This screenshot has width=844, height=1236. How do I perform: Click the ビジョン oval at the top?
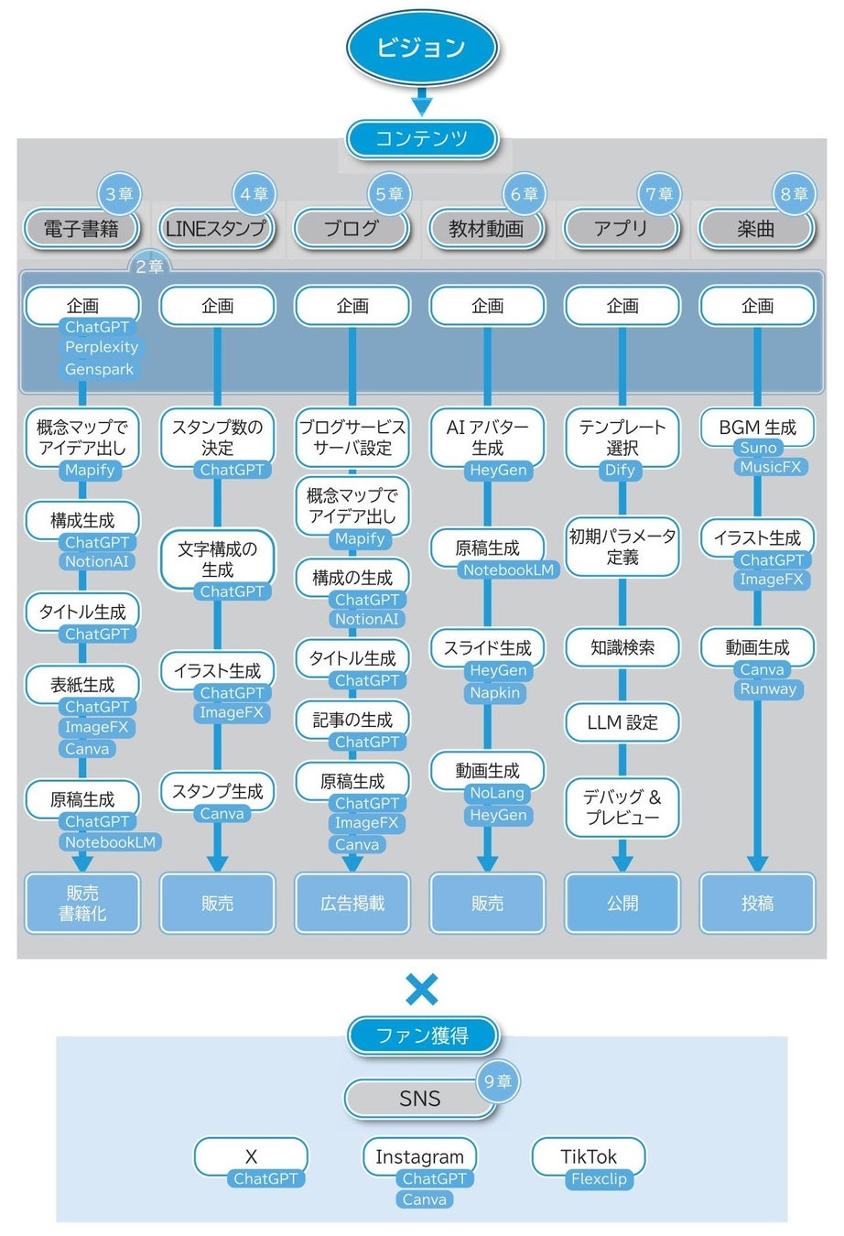[x=422, y=48]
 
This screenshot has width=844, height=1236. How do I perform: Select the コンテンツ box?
[x=422, y=139]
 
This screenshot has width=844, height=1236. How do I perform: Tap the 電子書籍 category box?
[x=81, y=229]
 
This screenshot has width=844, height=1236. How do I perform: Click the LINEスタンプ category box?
[x=216, y=229]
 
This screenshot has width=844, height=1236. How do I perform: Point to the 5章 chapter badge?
[x=390, y=194]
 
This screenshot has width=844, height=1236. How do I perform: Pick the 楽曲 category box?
[x=756, y=229]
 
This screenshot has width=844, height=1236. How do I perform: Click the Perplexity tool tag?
[x=102, y=347]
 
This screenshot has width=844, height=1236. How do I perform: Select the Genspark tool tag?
[x=99, y=369]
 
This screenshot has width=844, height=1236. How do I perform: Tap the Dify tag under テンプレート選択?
[x=620, y=470]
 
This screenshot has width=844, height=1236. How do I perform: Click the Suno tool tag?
[x=758, y=448]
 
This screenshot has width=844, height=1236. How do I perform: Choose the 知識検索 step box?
[x=622, y=647]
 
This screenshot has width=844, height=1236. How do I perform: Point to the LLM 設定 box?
[x=622, y=722]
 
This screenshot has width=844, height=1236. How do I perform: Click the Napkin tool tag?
[x=494, y=692]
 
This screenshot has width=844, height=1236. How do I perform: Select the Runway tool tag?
[x=768, y=688]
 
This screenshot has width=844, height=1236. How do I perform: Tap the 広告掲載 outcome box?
[x=352, y=903]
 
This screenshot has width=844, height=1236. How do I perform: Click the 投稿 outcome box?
[x=757, y=903]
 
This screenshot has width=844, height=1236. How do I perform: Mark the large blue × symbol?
[x=422, y=990]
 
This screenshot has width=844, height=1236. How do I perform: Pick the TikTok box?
[x=589, y=1156]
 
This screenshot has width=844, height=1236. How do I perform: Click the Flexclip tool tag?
[x=599, y=1178]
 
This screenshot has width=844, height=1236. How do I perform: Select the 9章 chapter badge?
[x=498, y=1081]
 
